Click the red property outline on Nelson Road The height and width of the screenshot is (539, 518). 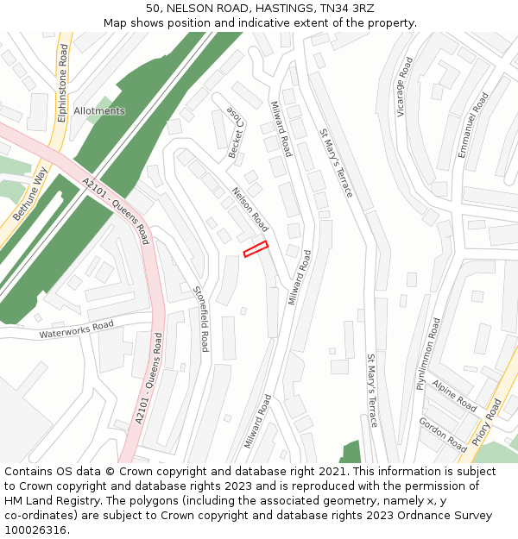256,249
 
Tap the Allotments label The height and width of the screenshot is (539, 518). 99,111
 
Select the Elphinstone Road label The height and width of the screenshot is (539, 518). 62,85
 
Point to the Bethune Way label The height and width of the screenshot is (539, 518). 28,195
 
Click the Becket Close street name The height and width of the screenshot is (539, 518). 236,135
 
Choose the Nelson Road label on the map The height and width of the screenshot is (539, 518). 250,210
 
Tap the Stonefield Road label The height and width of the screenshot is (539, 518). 201,319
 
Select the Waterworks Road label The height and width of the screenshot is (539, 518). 76,329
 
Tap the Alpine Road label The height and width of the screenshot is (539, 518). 454,395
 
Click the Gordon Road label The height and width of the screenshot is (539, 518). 443,434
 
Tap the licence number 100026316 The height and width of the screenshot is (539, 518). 35,530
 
